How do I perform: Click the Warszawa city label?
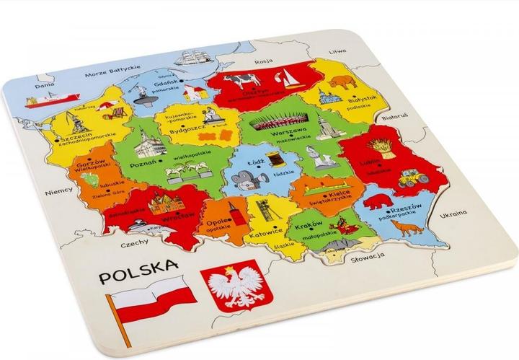[284, 134]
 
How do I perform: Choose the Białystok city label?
[364, 101]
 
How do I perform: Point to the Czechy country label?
[115, 245]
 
